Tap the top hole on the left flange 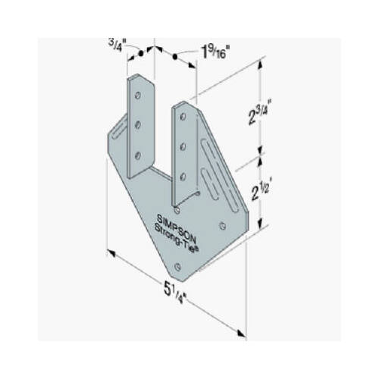[x=139, y=93]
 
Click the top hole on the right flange [x=183, y=114]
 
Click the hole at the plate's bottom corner [x=177, y=265]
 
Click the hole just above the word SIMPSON [x=177, y=205]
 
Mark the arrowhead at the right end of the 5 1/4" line [x=242, y=331]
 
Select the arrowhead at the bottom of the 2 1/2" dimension [x=262, y=225]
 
